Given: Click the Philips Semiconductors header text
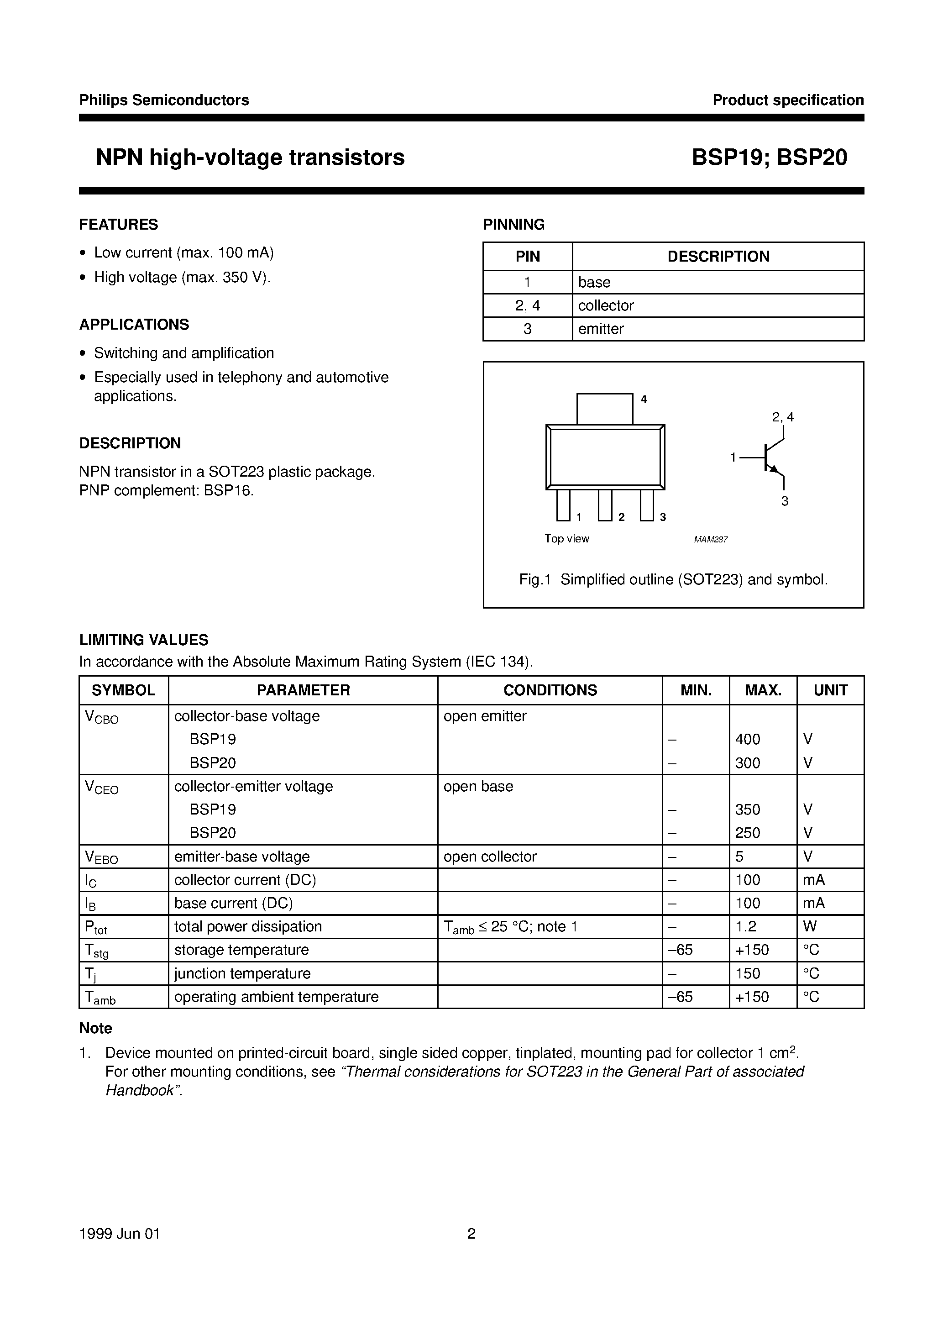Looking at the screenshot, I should (164, 100).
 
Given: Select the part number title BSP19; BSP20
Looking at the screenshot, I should (769, 158).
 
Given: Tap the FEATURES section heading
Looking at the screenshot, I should (119, 225).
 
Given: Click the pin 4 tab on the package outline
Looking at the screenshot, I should (605, 409).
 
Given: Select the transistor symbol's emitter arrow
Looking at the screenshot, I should (773, 468).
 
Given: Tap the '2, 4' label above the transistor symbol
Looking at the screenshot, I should (782, 417).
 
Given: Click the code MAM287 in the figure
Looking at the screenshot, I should (711, 540).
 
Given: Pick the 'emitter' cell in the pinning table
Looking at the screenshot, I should (601, 329).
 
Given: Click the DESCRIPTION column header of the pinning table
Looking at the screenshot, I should (718, 257).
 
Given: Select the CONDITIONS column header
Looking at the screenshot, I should (550, 690).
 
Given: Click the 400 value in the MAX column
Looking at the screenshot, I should (747, 740).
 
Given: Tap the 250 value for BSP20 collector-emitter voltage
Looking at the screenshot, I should (747, 833).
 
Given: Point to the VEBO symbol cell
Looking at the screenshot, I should (102, 857).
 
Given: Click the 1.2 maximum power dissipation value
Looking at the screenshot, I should (746, 926).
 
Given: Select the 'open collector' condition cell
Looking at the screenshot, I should (489, 857).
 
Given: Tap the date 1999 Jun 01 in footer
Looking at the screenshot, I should (119, 1234).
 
